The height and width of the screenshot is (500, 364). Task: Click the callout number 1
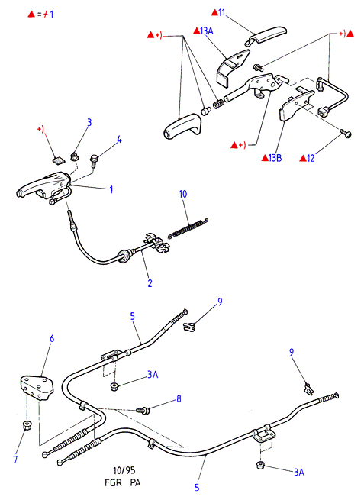(x=111, y=190)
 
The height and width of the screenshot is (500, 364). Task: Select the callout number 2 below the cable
(x=150, y=283)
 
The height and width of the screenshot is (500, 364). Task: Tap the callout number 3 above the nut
(x=89, y=122)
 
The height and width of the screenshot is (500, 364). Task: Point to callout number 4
(x=119, y=140)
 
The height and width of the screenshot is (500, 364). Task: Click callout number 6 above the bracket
(x=52, y=338)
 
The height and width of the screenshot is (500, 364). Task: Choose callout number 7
(x=15, y=460)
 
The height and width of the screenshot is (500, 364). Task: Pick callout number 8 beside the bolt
(x=179, y=398)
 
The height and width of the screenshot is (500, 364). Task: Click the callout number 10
(x=183, y=194)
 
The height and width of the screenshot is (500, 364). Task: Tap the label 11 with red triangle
(x=218, y=13)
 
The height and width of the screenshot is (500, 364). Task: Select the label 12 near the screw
(x=308, y=158)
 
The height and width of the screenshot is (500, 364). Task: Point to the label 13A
(x=203, y=31)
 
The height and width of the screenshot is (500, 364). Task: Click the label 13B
(x=272, y=158)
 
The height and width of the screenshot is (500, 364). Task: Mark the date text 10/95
(x=124, y=470)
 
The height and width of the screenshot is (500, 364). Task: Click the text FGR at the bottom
(x=113, y=482)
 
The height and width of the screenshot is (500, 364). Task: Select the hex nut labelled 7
(x=27, y=425)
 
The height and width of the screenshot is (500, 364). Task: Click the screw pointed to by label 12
(x=346, y=134)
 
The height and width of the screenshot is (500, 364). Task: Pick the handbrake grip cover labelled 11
(x=266, y=36)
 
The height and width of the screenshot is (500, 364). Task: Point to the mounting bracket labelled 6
(x=37, y=388)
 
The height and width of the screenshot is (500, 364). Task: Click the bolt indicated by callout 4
(x=94, y=161)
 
